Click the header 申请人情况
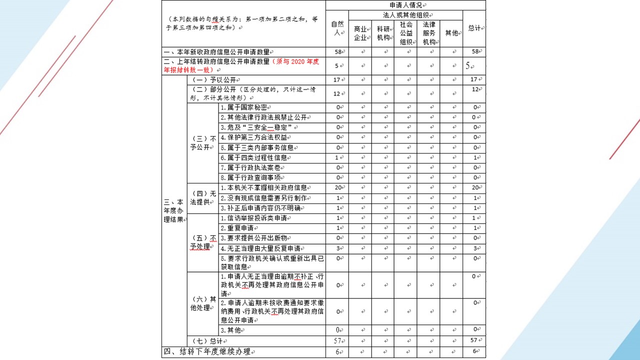[x=405, y=5]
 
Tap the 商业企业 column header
[x=360, y=33]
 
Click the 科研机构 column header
[x=383, y=33]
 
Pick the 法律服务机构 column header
[x=428, y=33]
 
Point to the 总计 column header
[x=474, y=28]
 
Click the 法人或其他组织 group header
[x=405, y=15]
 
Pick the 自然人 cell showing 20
[x=337, y=188]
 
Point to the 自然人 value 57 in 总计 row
[x=337, y=341]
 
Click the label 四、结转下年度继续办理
[x=206, y=352]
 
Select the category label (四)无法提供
[x=202, y=198]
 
